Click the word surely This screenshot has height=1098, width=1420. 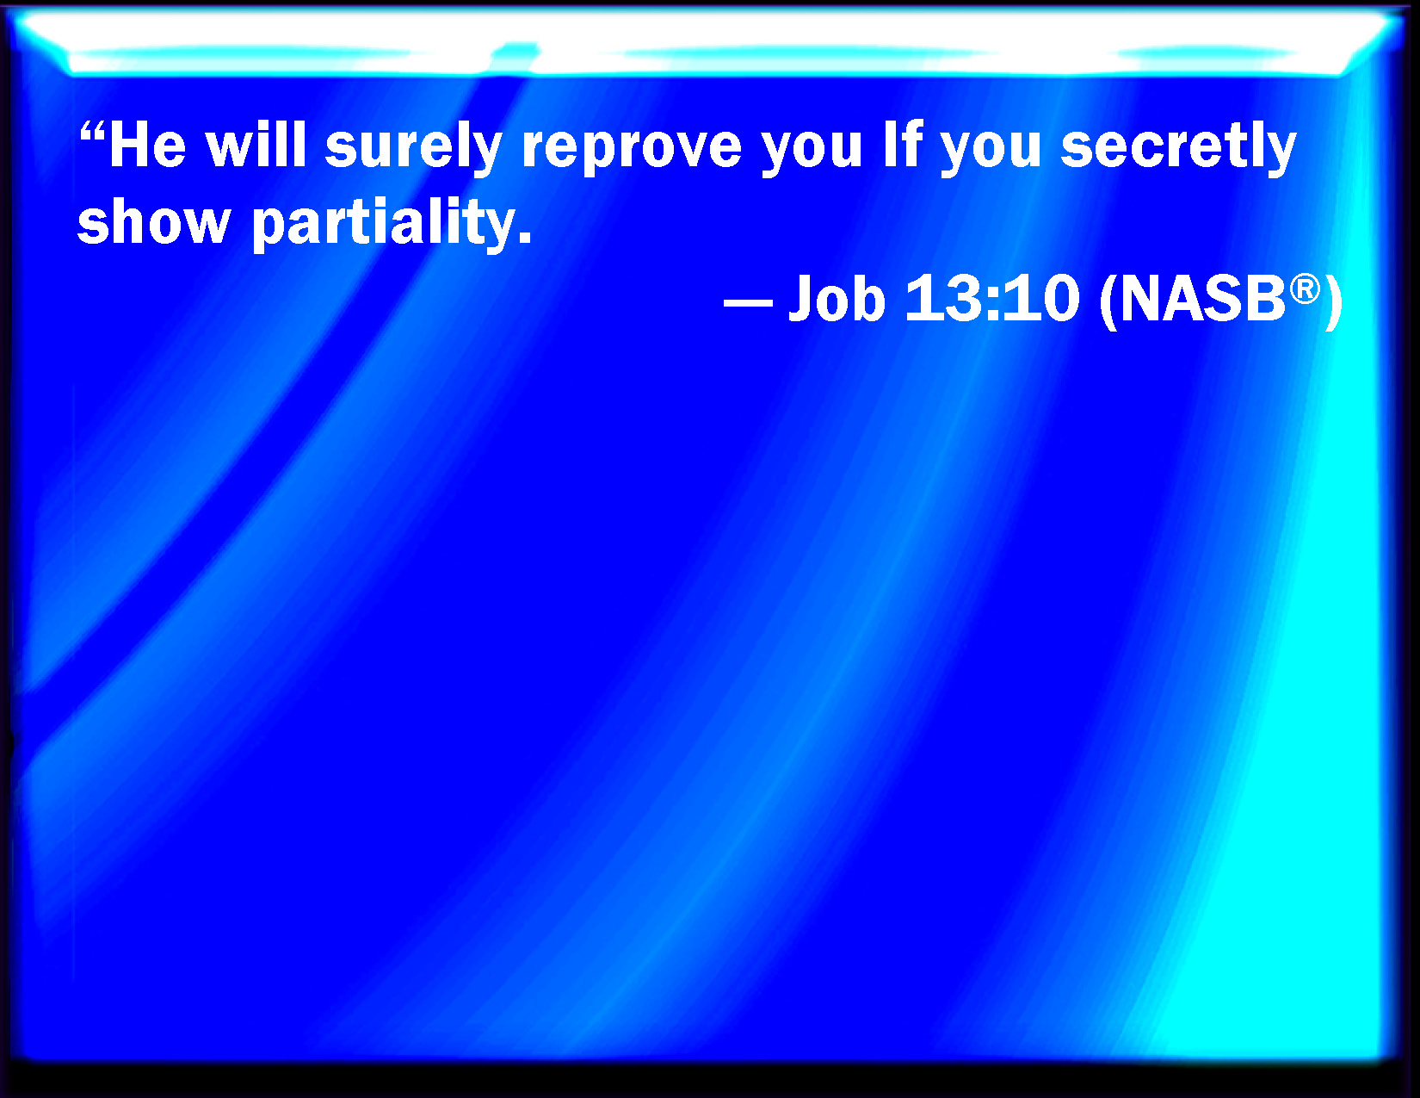click(413, 150)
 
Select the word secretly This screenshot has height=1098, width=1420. click(1178, 151)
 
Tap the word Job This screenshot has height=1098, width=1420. click(837, 298)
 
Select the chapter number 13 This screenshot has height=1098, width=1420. click(947, 298)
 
